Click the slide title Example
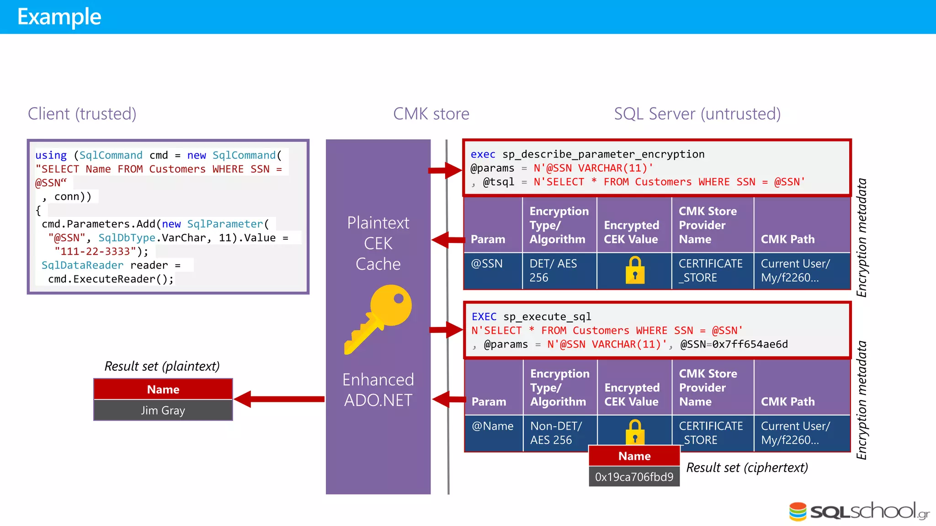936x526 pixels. coord(59,17)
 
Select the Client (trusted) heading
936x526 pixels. coord(82,114)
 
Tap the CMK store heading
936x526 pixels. coord(431,114)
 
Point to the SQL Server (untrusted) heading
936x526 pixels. coord(697,114)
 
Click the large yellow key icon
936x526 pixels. coord(378,319)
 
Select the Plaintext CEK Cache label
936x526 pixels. coord(378,243)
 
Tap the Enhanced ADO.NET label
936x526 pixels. coord(378,389)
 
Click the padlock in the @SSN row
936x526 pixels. coord(635,270)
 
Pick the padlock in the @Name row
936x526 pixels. coord(635,431)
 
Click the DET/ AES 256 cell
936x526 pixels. coord(553,270)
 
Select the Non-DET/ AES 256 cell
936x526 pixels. coord(556,432)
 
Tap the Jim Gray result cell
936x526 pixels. coord(163,410)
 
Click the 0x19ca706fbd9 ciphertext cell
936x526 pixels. coord(634,477)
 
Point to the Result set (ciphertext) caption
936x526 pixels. coord(747,468)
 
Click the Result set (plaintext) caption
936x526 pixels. coord(162,366)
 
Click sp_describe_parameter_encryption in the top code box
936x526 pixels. coord(603,154)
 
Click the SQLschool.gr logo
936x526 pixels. coord(859,511)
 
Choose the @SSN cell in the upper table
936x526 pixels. coord(487,263)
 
